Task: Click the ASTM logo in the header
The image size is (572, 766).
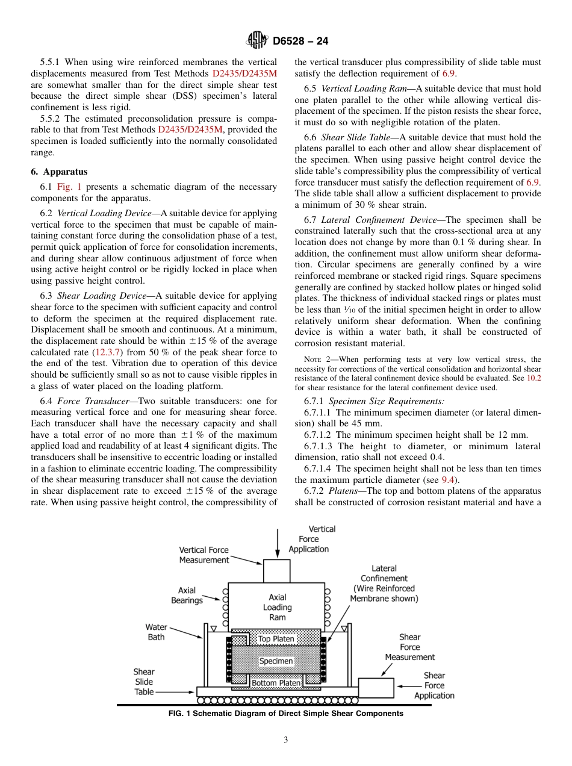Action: coord(257,41)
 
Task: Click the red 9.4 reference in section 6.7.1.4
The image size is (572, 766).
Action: coord(449,480)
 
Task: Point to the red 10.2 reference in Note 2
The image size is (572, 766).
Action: coord(533,379)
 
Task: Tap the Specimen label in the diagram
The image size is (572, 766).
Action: coord(276,661)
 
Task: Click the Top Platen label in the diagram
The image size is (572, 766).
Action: coord(276,639)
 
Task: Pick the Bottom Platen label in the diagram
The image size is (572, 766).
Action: coord(276,683)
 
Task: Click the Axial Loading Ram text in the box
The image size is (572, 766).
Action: coord(277,608)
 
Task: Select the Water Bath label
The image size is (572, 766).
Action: coord(156,632)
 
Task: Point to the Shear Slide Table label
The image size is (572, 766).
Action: coord(144,682)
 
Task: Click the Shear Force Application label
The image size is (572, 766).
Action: coord(434,685)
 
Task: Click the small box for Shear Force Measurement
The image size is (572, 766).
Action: coord(376,688)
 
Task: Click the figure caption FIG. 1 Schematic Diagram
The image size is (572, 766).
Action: coord(286,714)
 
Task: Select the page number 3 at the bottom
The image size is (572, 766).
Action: coord(286,740)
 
